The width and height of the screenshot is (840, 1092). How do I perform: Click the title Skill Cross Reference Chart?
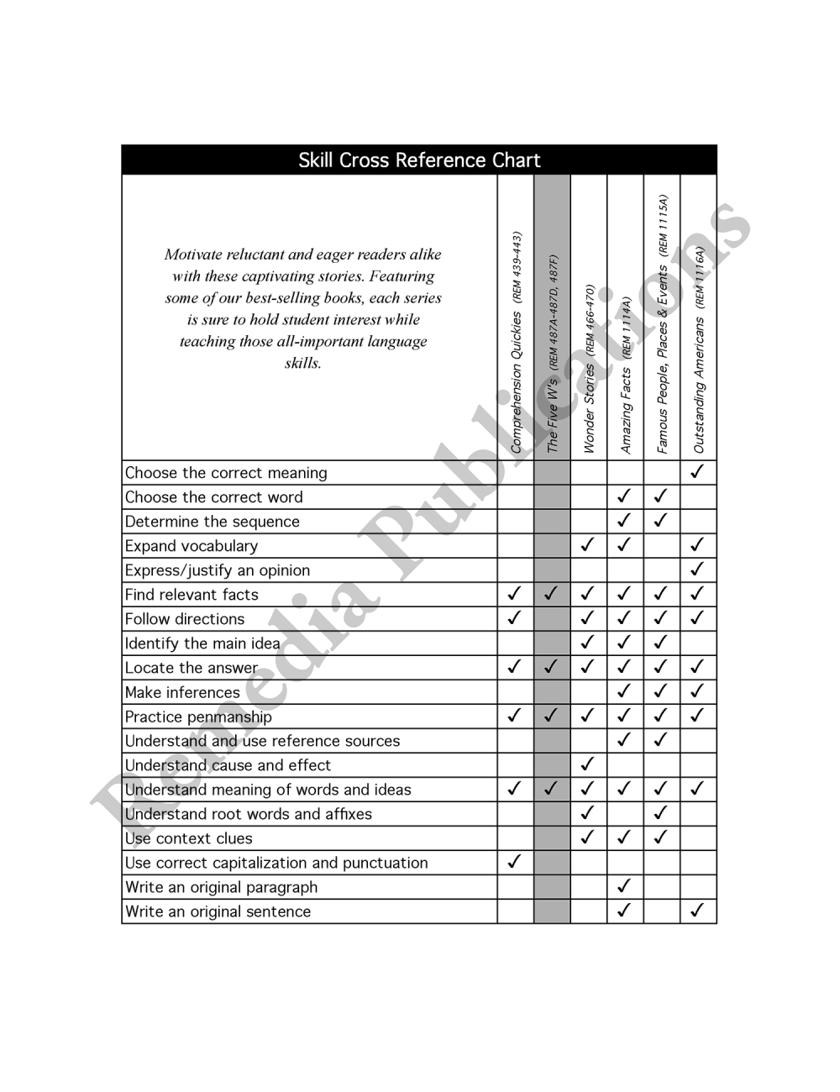point(419,160)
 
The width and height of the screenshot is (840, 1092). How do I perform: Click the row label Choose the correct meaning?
point(226,473)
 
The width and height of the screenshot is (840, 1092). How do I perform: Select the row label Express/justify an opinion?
point(218,570)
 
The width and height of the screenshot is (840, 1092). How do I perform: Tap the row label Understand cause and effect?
point(228,765)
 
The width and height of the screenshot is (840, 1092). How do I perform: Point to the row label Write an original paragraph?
point(221,887)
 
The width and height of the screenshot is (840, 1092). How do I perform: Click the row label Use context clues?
point(188,838)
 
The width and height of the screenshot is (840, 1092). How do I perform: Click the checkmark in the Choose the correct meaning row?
point(696,472)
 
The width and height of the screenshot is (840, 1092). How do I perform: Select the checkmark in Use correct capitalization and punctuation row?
point(515,862)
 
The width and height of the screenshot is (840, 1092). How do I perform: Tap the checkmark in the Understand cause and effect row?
point(588,764)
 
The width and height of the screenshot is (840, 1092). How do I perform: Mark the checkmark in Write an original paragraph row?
point(624,886)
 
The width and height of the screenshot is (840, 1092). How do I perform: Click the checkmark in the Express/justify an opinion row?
point(696,570)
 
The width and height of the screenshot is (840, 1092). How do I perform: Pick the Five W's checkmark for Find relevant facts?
point(551,594)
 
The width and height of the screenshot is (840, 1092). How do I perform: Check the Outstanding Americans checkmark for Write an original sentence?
point(696,911)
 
